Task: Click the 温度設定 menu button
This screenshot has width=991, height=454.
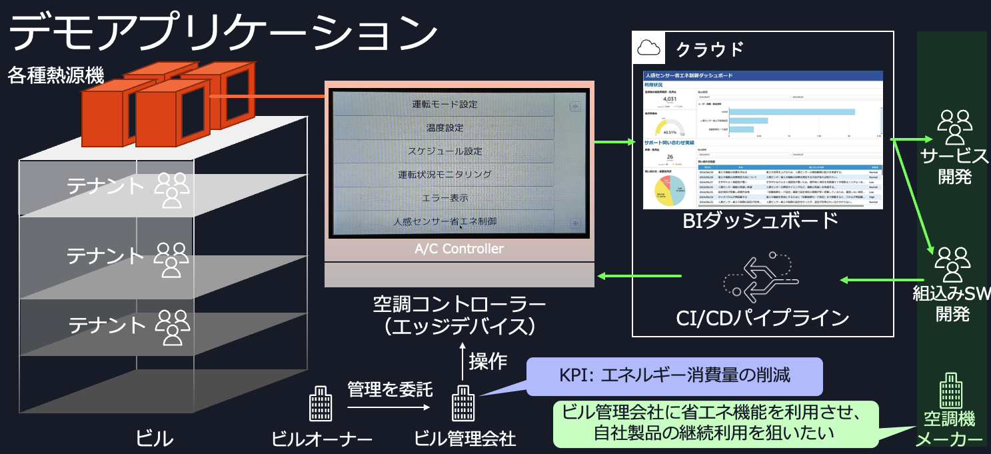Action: point(444,127)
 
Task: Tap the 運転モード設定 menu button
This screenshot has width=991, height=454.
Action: point(444,105)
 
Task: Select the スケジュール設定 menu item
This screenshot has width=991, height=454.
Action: point(444,151)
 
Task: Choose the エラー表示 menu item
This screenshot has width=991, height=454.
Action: point(444,198)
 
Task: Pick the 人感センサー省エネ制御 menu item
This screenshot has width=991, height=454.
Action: point(444,221)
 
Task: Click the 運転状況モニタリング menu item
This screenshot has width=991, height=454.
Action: point(444,175)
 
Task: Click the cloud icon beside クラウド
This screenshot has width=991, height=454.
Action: point(648,47)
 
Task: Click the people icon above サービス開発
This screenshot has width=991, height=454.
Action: point(954,127)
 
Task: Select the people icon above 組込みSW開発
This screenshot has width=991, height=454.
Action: point(953,263)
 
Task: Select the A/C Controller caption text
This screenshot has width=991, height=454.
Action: point(459,249)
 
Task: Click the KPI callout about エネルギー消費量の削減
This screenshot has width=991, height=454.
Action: point(674,375)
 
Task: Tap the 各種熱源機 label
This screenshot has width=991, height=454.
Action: point(56,75)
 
